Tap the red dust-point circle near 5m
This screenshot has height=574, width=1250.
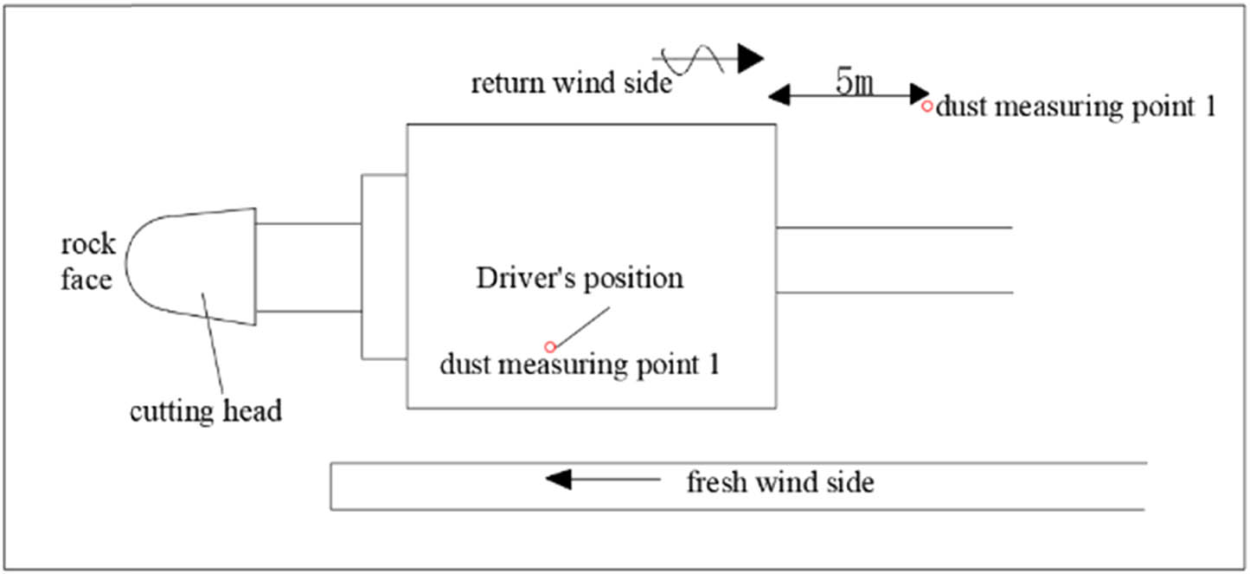(926, 106)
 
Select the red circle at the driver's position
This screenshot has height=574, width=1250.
(548, 346)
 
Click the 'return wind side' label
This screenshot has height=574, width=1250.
(571, 84)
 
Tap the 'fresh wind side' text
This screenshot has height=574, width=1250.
(779, 481)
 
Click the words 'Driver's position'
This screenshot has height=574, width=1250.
(579, 279)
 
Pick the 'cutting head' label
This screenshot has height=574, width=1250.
(206, 410)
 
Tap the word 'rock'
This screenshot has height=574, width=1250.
(87, 244)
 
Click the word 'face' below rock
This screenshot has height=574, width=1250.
(86, 280)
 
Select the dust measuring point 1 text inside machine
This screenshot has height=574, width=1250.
(580, 364)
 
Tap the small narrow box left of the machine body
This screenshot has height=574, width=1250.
(383, 267)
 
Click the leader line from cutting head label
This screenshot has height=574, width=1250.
(215, 346)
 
